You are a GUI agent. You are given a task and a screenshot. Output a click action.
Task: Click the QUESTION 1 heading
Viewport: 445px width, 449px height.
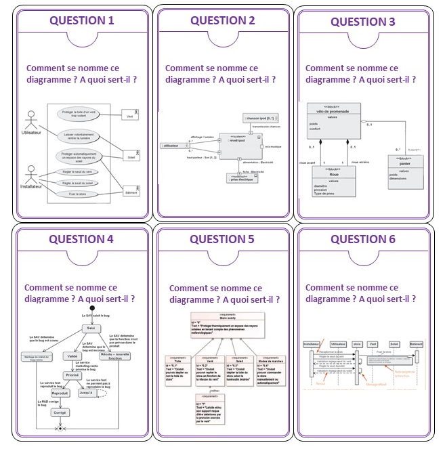(81, 20)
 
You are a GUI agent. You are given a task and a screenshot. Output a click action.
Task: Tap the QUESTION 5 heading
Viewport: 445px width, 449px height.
(222, 239)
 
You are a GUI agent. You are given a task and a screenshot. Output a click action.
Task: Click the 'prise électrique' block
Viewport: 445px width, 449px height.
(241, 178)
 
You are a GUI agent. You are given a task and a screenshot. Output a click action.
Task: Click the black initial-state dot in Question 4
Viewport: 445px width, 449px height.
(91, 320)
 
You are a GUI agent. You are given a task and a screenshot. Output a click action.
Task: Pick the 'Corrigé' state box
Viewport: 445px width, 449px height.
(61, 412)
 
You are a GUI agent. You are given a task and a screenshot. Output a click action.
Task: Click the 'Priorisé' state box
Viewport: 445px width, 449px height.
(72, 375)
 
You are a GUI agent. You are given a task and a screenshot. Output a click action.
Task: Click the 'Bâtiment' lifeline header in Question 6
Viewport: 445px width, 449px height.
(415, 344)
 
